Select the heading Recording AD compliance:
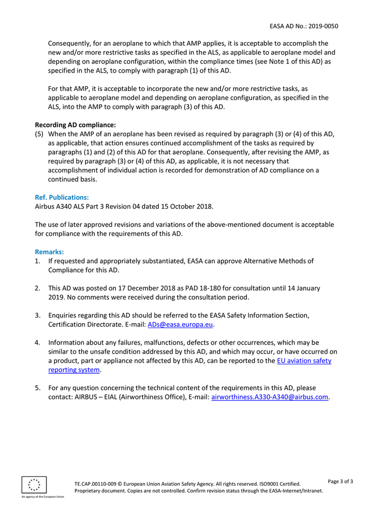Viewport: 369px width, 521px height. pyautogui.click(x=75, y=125)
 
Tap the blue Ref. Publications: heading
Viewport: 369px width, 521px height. pyautogui.click(x=62, y=197)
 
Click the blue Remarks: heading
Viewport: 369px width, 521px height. pyautogui.click(x=49, y=252)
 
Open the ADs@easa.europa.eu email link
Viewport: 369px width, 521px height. pyautogui.click(x=180, y=325)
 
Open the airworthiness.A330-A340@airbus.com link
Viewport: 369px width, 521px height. pyautogui.click(x=270, y=397)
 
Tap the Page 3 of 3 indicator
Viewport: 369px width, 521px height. pyautogui.click(x=340, y=481)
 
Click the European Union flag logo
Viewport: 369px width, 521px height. pyautogui.click(x=34, y=484)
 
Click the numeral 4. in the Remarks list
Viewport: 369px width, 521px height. pyautogui.click(x=38, y=343)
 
